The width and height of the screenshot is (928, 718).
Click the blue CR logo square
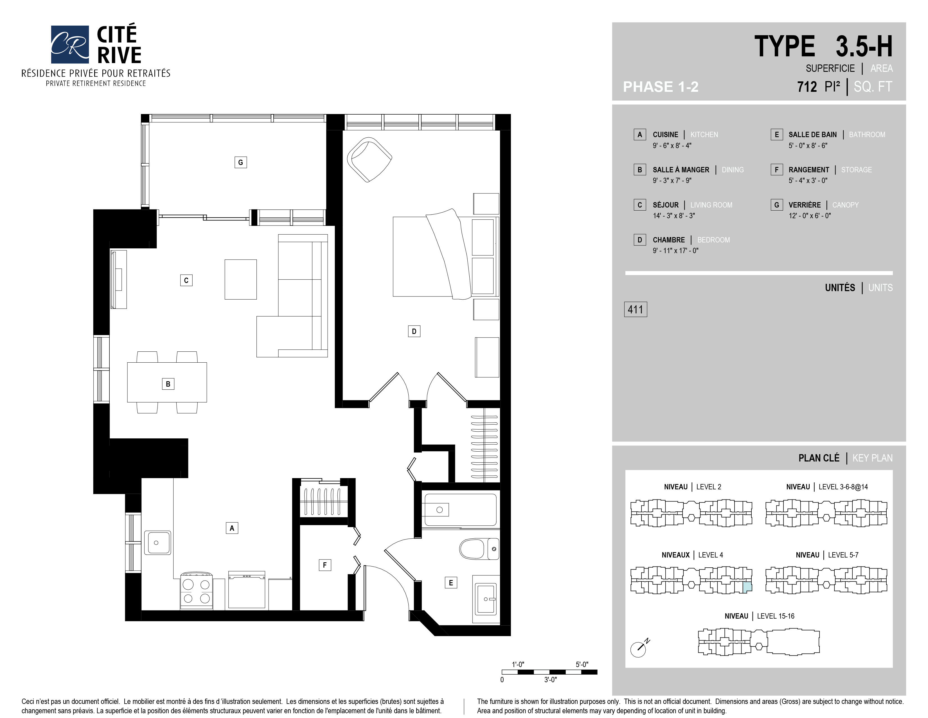(x=70, y=44)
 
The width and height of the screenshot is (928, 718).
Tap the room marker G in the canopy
(x=240, y=162)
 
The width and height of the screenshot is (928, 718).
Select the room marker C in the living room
(x=186, y=280)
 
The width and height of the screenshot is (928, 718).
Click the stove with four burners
(x=196, y=590)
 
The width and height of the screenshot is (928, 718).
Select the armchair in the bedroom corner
(x=369, y=159)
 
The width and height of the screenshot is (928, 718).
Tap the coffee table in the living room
(x=240, y=280)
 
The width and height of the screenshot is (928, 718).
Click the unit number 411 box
(x=635, y=309)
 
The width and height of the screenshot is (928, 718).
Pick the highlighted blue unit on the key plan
(x=747, y=587)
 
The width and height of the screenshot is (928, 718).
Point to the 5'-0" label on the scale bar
(x=582, y=665)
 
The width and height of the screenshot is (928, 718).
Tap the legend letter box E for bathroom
(x=777, y=134)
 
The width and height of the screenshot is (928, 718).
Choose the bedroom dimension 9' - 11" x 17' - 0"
(x=675, y=251)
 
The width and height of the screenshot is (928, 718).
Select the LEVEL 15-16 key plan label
(x=776, y=616)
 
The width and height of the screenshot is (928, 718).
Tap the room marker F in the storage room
(x=325, y=565)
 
